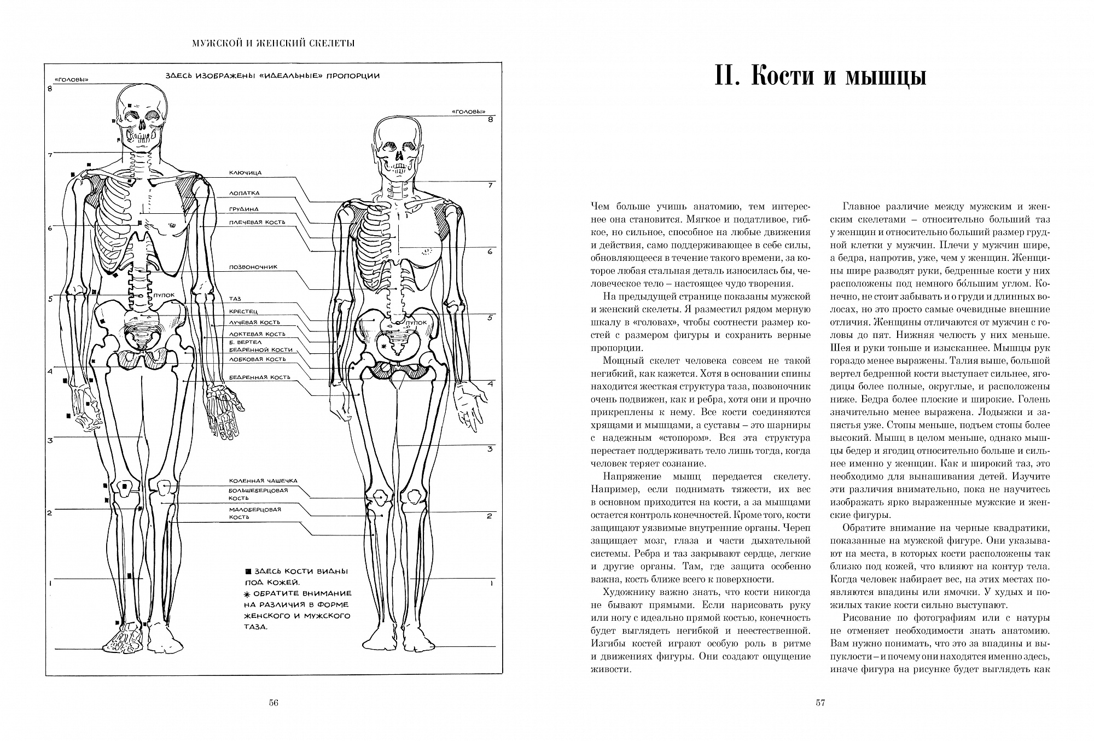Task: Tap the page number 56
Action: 274,703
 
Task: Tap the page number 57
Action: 820,703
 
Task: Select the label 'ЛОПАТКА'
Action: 244,193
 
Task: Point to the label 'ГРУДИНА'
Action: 243,209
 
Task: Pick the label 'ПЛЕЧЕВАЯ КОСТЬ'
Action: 258,223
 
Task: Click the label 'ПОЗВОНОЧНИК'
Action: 253,267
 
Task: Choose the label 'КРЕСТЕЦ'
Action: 243,311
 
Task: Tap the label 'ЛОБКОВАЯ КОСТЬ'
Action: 257,359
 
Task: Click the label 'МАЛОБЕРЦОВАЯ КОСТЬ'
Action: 255,513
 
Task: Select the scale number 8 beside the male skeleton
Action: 49,89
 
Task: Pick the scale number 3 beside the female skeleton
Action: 490,449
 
